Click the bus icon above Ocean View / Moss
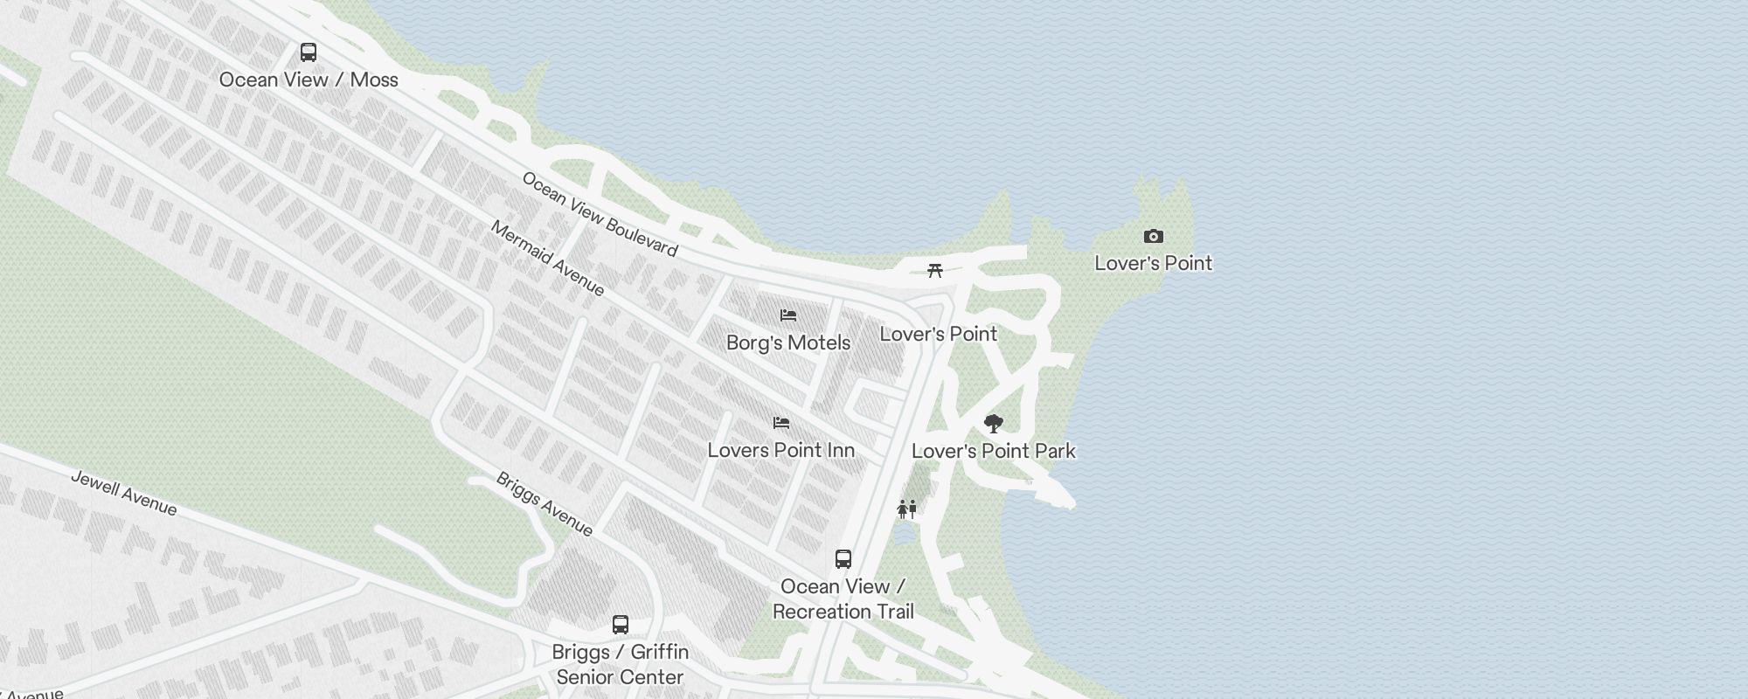point(309,52)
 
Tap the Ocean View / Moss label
point(309,80)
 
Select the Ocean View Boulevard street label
point(600,214)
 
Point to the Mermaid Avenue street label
point(547,258)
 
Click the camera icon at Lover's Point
point(1154,236)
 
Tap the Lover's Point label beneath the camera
point(1154,263)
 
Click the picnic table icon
point(935,270)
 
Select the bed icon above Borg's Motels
point(788,315)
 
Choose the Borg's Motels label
point(788,343)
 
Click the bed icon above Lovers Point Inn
point(781,423)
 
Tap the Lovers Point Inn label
point(781,450)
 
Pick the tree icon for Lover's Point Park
point(993,424)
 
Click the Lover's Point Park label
point(994,451)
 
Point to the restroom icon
point(907,509)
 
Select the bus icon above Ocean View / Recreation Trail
point(843,559)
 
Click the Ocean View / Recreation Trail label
point(843,599)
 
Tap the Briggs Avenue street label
point(545,504)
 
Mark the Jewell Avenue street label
point(123,494)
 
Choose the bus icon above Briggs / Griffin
point(621,625)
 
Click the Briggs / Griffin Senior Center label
point(621,664)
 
